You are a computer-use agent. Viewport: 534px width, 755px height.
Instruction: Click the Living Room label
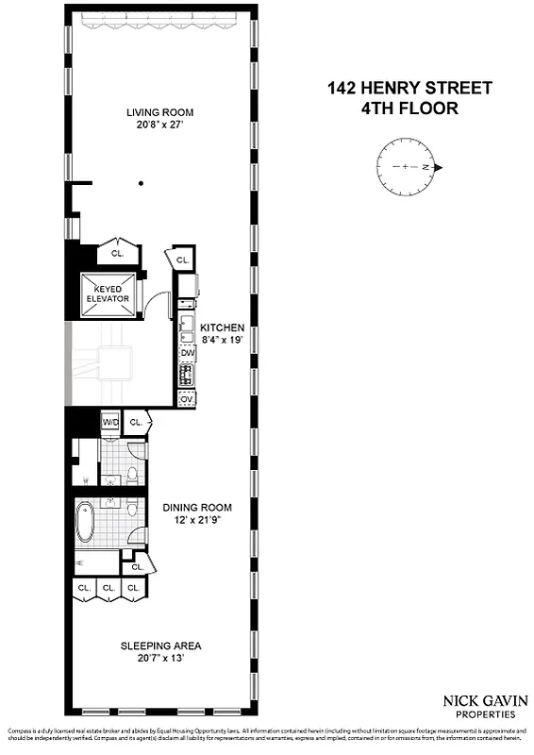point(159,112)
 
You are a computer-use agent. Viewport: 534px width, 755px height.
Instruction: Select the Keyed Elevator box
point(106,294)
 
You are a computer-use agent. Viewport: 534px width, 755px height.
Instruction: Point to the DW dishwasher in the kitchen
point(187,353)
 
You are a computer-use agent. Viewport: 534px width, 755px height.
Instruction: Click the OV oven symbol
point(187,398)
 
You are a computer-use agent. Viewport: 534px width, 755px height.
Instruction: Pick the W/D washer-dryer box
point(109,422)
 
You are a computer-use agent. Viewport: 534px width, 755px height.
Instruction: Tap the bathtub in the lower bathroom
point(86,522)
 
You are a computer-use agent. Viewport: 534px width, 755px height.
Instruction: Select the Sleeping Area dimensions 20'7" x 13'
point(160,659)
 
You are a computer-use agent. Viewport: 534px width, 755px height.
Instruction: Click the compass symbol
point(408,167)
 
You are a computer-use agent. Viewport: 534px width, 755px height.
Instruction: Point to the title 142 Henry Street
point(409,89)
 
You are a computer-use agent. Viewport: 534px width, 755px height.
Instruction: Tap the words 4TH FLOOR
point(409,109)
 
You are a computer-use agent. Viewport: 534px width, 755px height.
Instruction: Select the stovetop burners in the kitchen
point(187,375)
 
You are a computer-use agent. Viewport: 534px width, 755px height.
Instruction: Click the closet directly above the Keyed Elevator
point(118,254)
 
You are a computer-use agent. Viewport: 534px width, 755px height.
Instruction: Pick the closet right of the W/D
point(136,423)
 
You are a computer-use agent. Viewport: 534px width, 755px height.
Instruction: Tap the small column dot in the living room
point(141,183)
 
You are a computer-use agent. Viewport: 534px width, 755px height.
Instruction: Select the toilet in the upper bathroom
point(133,474)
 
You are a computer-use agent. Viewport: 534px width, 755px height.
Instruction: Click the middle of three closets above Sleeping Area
point(109,588)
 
